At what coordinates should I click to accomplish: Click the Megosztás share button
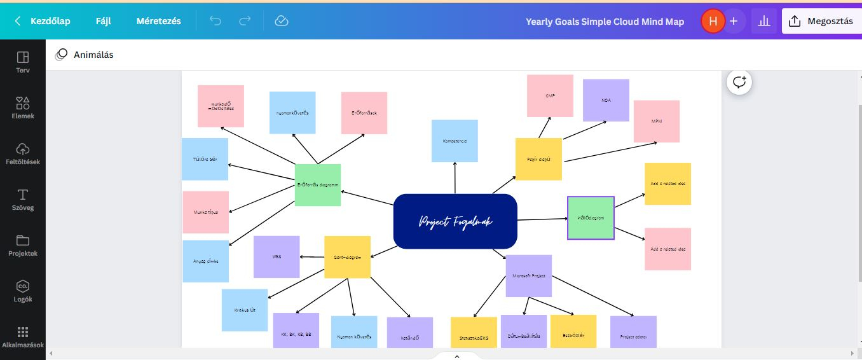pos(821,21)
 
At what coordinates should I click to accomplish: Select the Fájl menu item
pos(103,21)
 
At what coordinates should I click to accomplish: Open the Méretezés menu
pos(158,21)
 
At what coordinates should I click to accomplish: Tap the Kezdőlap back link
pos(43,21)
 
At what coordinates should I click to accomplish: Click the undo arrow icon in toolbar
pos(215,21)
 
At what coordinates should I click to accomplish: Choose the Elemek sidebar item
pos(23,107)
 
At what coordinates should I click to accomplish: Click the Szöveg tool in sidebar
pos(23,199)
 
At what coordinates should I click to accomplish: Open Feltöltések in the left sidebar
pos(23,153)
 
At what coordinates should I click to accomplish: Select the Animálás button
pos(85,55)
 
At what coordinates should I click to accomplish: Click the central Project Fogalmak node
pos(455,221)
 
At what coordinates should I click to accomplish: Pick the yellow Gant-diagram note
pos(347,257)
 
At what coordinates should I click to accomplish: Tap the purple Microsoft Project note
pos(529,275)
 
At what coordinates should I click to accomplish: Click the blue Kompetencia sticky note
pos(455,141)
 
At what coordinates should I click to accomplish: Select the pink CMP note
pos(550,96)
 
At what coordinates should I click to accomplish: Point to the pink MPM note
pos(657,121)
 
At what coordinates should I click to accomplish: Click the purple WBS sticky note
pos(277,256)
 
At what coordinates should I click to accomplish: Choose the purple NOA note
pos(606,100)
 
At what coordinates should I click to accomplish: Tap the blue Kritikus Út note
pos(245,310)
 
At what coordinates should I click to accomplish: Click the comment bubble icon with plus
pos(740,82)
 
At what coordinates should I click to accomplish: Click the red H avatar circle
pos(713,21)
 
